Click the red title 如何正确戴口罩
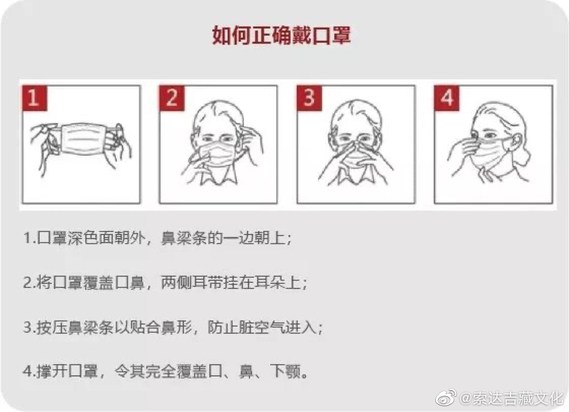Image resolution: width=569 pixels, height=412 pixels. (281, 35)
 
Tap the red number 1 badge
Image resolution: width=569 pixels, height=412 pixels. (35, 98)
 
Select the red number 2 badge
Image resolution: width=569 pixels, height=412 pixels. (172, 98)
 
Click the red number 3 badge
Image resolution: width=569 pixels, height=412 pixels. (309, 98)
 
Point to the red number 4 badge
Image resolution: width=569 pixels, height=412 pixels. (447, 98)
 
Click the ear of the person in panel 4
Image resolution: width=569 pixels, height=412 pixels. (518, 143)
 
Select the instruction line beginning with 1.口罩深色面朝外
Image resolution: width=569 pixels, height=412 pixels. (157, 239)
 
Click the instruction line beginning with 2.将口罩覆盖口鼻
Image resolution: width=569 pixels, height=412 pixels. (165, 283)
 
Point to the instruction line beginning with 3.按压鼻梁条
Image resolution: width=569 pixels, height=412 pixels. (173, 328)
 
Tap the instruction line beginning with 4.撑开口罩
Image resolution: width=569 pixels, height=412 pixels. (166, 372)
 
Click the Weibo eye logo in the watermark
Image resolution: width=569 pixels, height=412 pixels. (447, 397)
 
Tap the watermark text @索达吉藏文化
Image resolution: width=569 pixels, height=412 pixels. (512, 398)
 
